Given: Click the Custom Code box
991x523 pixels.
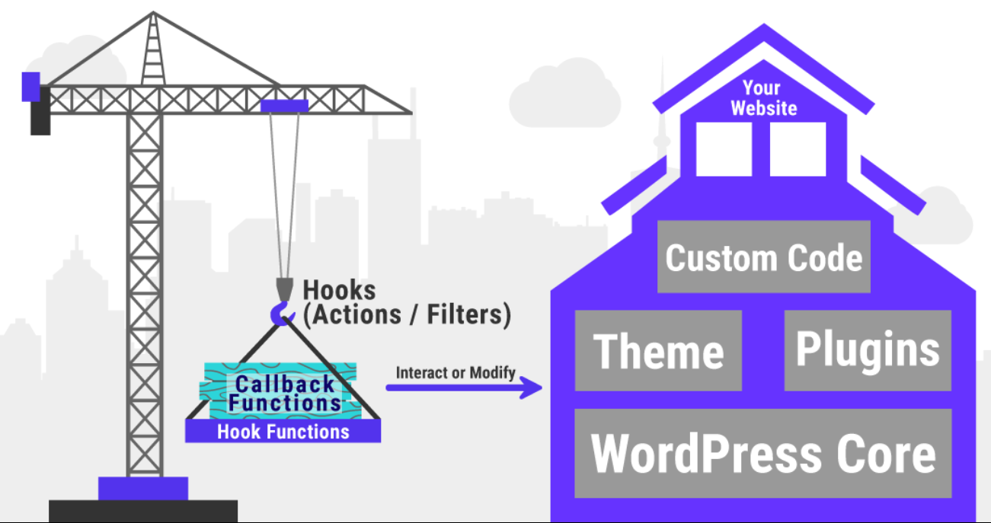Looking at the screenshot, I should [763, 257].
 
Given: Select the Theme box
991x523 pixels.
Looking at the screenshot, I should [658, 351].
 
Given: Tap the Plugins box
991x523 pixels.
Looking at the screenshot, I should [868, 350].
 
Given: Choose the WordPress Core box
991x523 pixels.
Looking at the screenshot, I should [762, 454].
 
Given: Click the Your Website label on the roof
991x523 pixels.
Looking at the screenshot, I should [763, 98].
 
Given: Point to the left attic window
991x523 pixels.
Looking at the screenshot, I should [724, 149].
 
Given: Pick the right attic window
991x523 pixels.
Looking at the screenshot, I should [798, 149].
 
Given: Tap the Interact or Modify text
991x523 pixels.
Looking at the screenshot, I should [456, 373].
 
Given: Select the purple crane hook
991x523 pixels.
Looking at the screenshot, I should [281, 313].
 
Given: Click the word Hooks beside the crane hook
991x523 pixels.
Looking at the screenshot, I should [340, 290].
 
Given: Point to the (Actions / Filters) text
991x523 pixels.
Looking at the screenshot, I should [407, 314].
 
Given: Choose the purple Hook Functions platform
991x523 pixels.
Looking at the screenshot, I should [283, 432].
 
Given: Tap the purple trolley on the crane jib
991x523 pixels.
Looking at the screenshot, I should [284, 106].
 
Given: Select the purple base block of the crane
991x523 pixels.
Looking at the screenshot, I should [143, 488].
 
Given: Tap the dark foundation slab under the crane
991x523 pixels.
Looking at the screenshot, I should [143, 510].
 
